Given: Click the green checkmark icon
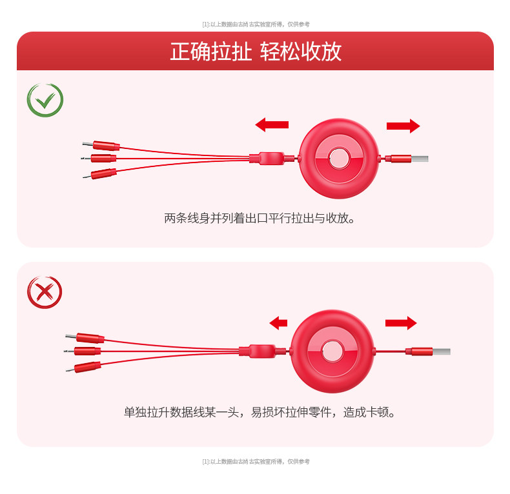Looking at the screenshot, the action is coord(45,100).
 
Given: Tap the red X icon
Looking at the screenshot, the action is coord(45,292).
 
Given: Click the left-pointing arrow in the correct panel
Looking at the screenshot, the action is coord(272,124).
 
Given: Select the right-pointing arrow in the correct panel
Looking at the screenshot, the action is coord(403,126).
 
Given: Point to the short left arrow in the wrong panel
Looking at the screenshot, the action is coord(278,323).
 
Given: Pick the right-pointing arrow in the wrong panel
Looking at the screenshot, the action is coord(400,323).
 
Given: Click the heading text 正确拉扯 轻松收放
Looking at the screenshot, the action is coord(256,52).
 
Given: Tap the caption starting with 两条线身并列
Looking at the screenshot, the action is coord(260,218).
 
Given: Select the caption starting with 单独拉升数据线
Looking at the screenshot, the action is coord(260,411).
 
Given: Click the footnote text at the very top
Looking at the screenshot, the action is coord(256,25).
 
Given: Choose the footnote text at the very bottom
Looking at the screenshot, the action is coord(256,462).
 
